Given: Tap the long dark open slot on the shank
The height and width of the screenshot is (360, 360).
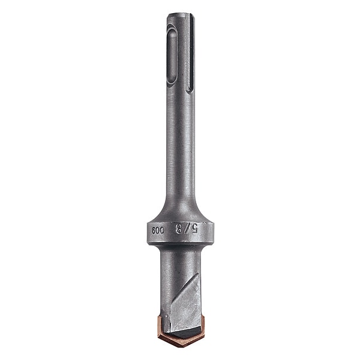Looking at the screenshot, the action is click(191, 54).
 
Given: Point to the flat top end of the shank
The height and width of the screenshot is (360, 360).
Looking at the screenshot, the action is click(181, 14).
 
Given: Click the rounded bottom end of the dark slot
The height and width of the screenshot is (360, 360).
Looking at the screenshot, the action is click(190, 90).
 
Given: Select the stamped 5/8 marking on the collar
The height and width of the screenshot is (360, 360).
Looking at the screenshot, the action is click(187, 229).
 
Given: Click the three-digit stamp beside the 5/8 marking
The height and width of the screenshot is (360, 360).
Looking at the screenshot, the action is click(158, 230).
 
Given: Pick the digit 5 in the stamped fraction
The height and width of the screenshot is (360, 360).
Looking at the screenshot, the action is click(194, 229).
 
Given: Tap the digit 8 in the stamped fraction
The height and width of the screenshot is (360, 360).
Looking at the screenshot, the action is click(178, 229).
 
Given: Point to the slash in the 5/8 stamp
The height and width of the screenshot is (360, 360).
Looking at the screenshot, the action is click(186, 229).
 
